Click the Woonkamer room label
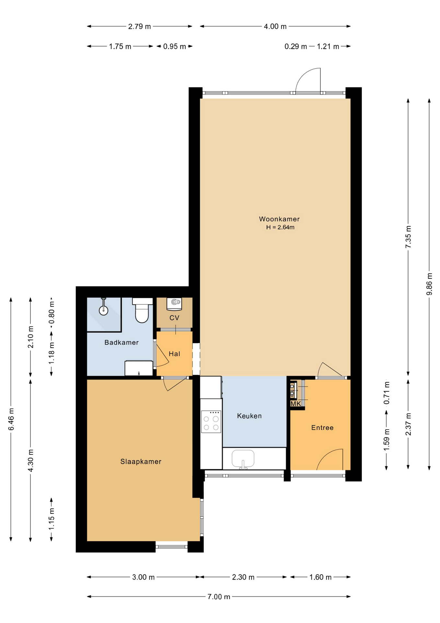[x=279, y=219]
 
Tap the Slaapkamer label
[x=141, y=461]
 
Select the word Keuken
[x=249, y=416]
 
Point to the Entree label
[x=322, y=428]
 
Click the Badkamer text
[x=122, y=342]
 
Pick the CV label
[x=174, y=318]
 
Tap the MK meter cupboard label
[x=295, y=404]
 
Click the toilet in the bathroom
[x=142, y=310]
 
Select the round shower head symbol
[x=103, y=311]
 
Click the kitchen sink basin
[x=243, y=458]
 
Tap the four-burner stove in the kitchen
[x=211, y=422]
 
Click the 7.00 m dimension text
[x=219, y=597]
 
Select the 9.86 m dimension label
[x=429, y=284]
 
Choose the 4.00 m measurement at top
[x=275, y=27]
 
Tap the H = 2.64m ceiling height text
[x=280, y=227]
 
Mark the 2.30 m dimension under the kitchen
[x=243, y=577]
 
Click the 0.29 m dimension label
[x=295, y=47]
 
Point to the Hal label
[x=174, y=354]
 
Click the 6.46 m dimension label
[x=11, y=419]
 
